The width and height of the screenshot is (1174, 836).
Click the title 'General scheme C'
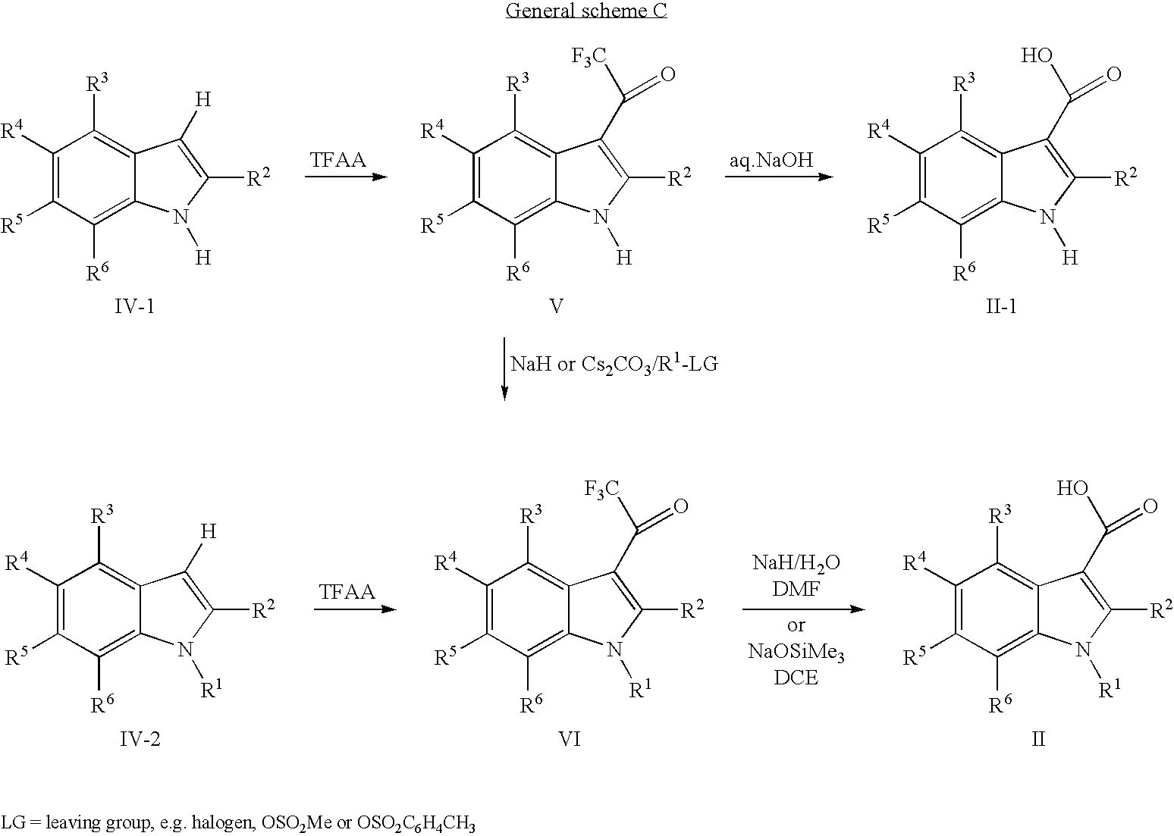click(x=586, y=11)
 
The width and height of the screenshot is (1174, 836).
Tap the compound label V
click(x=556, y=305)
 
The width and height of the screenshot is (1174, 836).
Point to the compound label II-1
click(x=1001, y=305)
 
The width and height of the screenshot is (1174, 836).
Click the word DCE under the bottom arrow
click(x=796, y=677)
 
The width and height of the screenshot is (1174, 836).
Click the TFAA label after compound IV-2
click(x=347, y=592)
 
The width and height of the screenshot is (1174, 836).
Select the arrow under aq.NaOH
click(x=777, y=177)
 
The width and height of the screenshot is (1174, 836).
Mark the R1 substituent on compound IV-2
click(x=212, y=689)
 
